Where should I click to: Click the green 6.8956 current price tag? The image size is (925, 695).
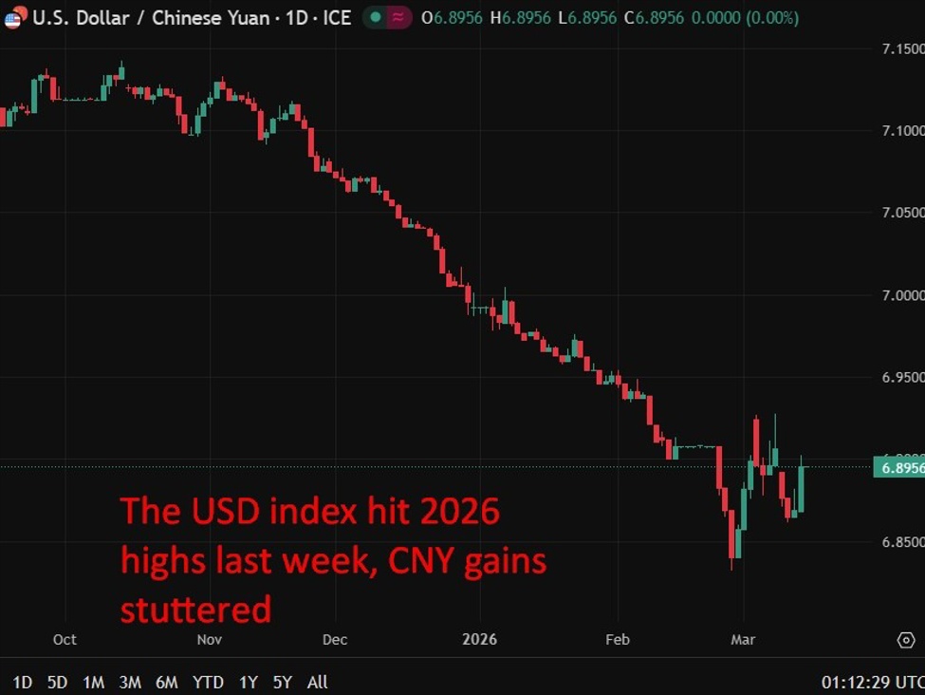pos(897,467)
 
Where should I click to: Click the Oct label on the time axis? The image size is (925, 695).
pos(65,640)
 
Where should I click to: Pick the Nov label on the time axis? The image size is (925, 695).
pos(210,640)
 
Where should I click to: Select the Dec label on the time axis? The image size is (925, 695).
pos(335,640)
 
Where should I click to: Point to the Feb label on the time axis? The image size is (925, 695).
pos(618,640)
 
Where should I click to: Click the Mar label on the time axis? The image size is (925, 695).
pos(744,640)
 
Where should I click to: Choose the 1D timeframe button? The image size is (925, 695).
pos(22,682)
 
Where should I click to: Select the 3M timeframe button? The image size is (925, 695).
pos(130,682)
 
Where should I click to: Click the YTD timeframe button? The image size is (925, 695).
pos(208,682)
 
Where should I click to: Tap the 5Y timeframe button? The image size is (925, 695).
pos(283,682)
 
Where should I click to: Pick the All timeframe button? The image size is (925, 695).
pos(318,682)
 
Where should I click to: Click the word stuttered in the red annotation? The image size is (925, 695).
pos(195,609)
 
